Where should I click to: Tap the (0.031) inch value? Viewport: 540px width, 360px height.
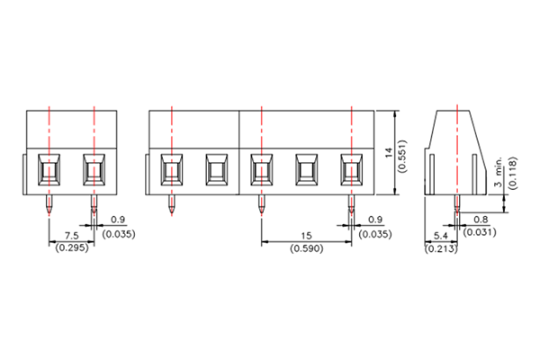482,233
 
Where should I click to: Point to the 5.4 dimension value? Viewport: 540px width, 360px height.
441,236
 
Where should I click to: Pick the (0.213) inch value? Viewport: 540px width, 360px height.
441,248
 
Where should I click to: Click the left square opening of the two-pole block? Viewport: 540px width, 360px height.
49,169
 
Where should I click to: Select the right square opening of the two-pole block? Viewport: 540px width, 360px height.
94,169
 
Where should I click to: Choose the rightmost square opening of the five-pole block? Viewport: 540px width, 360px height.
351,169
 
